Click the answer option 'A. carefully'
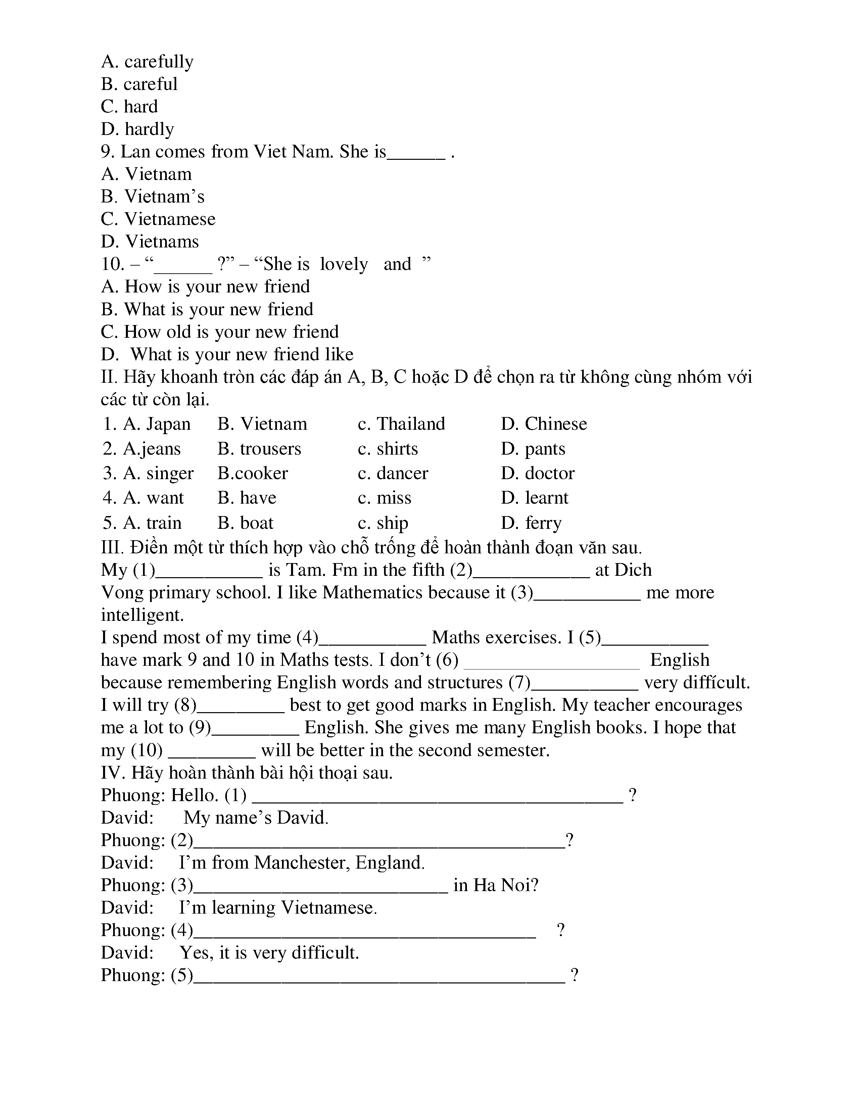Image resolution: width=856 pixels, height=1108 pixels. (147, 62)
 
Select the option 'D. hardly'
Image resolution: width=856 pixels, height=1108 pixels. (137, 129)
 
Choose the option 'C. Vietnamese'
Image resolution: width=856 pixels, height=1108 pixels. (158, 219)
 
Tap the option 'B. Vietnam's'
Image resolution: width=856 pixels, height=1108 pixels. (153, 197)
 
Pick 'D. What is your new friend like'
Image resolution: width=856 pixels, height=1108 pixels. (227, 354)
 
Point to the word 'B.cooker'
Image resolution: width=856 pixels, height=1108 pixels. (252, 473)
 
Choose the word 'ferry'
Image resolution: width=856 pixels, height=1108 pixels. (543, 523)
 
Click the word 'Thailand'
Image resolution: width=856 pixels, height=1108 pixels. (411, 424)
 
